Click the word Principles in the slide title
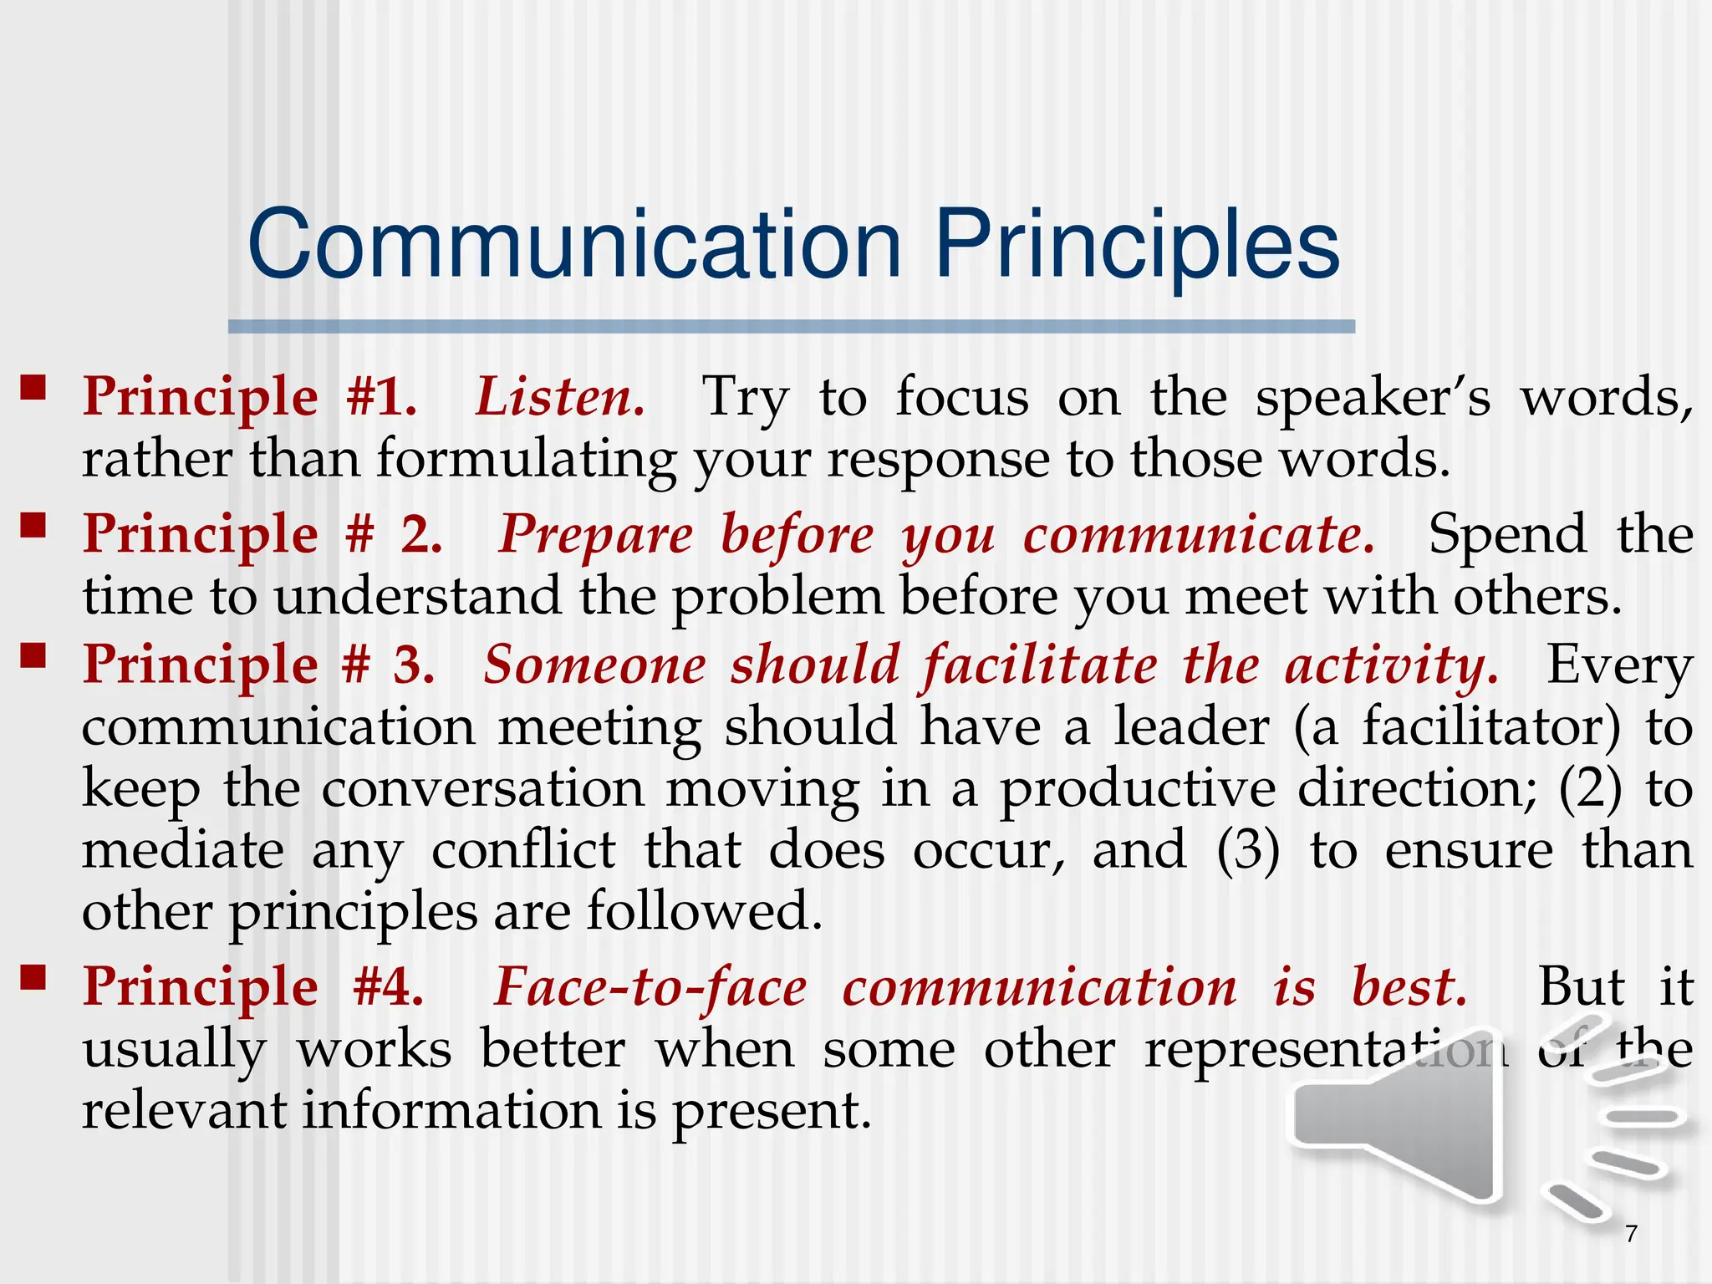[x=1136, y=244]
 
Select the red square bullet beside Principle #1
[x=33, y=387]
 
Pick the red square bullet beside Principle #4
[x=33, y=976]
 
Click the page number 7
[x=1631, y=1233]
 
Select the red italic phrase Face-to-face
[x=650, y=987]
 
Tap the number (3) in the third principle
[x=1247, y=850]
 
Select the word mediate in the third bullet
[x=183, y=850]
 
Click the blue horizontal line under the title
[x=791, y=327]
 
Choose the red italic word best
[x=1409, y=987]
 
